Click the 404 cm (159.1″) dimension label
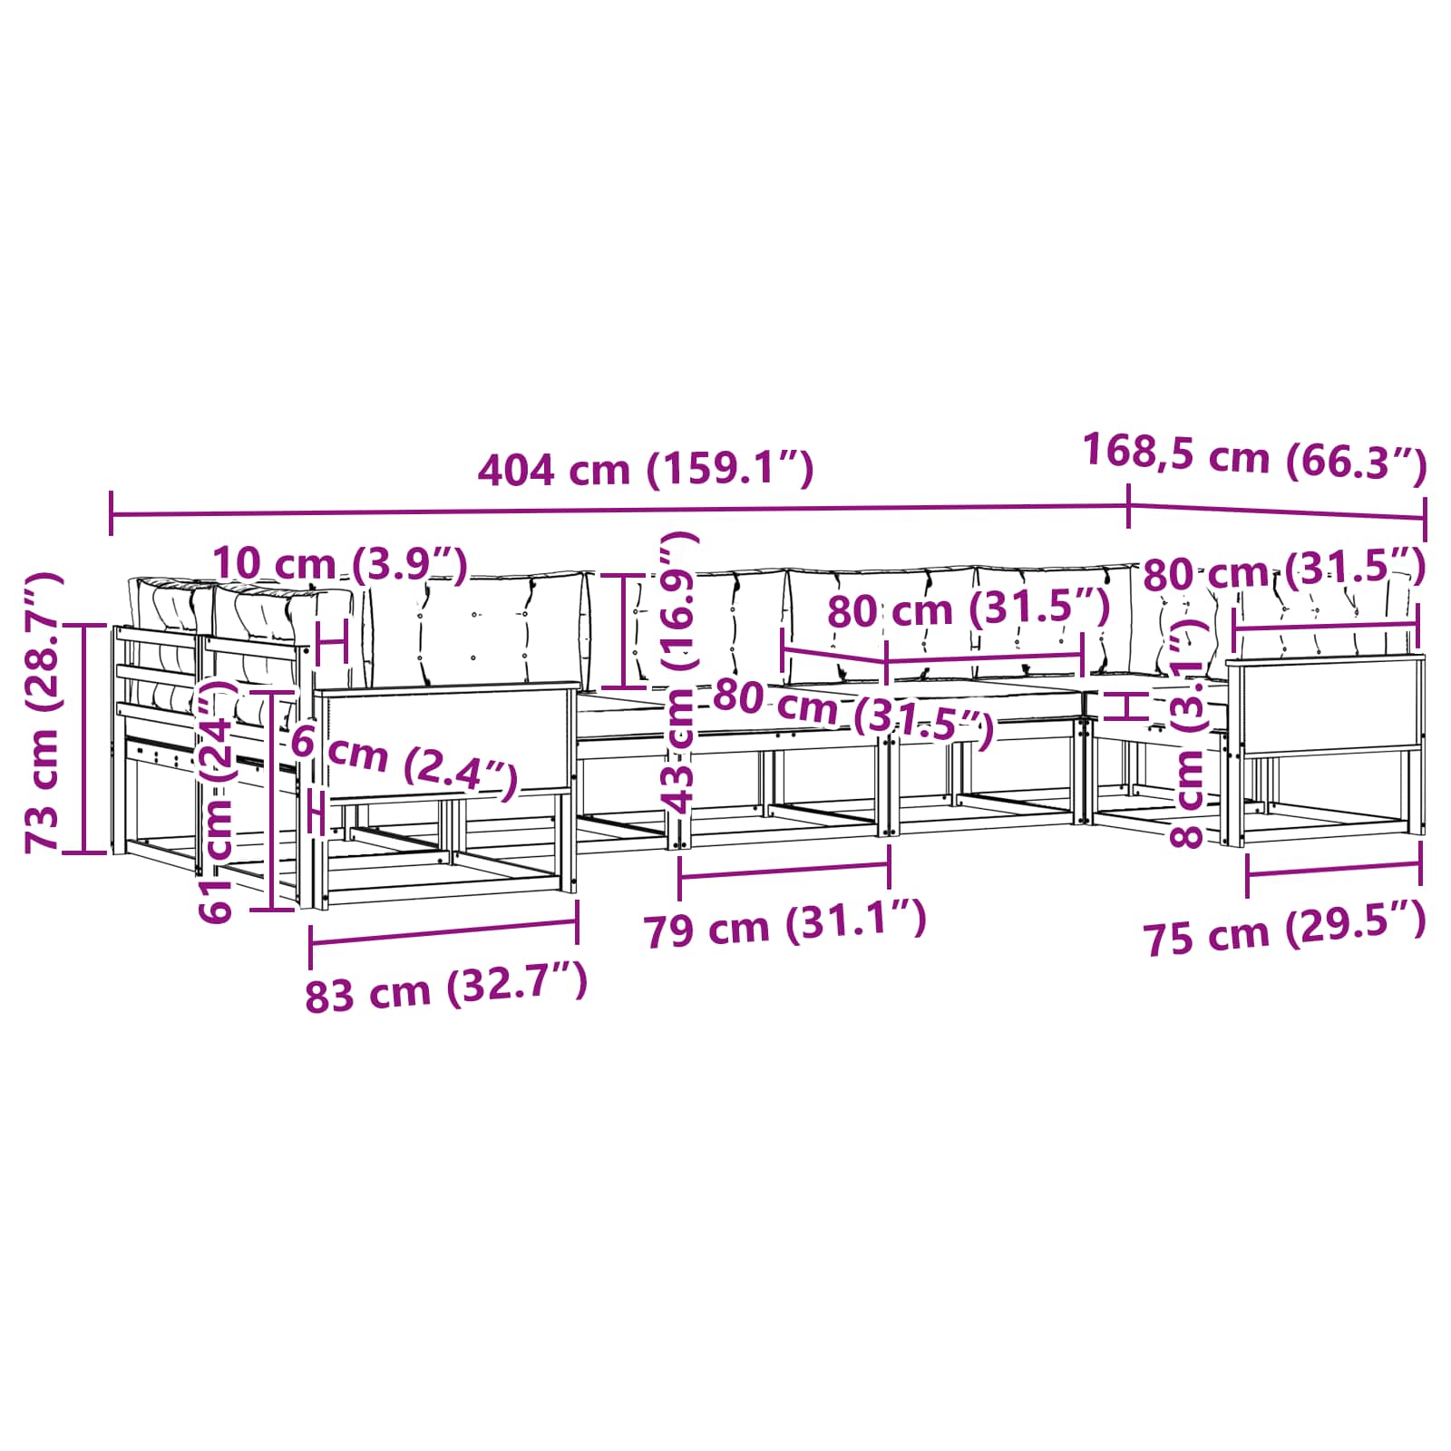coord(646,470)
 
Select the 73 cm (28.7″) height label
coord(44,712)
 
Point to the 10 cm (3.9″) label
coord(340,565)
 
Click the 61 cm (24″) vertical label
coord(219,798)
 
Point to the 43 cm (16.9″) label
coord(679,671)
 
